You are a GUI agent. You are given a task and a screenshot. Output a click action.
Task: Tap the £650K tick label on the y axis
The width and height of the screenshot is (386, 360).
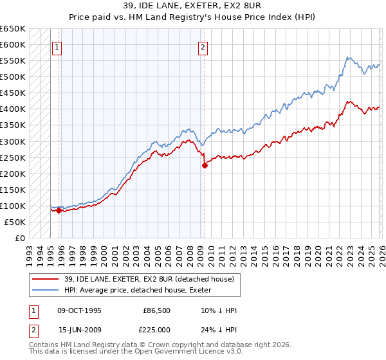point(13,29)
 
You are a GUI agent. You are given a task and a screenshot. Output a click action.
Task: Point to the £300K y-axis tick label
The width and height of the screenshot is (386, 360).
point(13,141)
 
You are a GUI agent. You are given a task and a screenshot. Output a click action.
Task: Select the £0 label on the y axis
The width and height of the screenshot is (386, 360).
point(19,238)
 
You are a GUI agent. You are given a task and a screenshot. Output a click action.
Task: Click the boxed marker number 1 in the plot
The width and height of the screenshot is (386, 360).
point(57,46)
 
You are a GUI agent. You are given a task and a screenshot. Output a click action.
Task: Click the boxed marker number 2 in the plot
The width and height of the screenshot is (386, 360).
point(203,46)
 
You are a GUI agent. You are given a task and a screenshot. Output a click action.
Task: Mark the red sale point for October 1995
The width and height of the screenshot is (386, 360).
point(59,210)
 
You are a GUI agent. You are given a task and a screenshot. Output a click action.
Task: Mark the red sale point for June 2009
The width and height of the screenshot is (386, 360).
point(205,165)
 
